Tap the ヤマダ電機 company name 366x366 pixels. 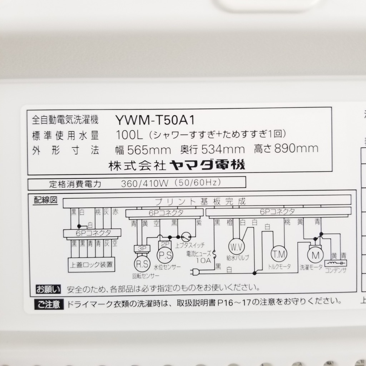coord(207,165)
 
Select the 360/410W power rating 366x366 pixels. coord(145,184)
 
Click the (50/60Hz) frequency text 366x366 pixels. coord(197,183)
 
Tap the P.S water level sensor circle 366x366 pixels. coord(165,256)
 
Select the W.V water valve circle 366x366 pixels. coord(236,247)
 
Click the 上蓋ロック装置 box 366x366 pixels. coord(91,264)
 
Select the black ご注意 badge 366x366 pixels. coord(49,305)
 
